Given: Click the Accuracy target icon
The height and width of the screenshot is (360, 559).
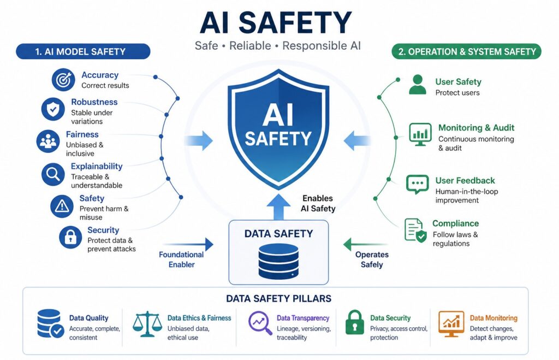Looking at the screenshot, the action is tap(63, 80).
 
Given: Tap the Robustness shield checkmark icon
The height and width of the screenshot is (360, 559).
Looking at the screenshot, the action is tap(53, 109).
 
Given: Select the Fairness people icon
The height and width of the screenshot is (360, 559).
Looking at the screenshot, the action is tap(48, 141).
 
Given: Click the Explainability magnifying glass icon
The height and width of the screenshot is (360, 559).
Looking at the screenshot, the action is tap(53, 174).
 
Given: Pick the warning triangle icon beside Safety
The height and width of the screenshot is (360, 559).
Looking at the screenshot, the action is tap(62, 206).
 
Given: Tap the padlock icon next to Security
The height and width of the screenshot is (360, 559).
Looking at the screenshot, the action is tap(70, 237).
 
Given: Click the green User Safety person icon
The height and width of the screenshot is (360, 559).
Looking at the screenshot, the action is tap(418, 85).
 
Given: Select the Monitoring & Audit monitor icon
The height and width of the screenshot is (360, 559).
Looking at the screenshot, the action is tap(420, 134).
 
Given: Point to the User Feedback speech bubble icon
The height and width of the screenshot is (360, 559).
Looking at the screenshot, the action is tap(418, 184).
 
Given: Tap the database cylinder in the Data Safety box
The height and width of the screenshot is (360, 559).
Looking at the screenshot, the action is tap(278, 261).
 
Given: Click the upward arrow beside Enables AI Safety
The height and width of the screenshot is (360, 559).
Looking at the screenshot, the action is tap(278, 207).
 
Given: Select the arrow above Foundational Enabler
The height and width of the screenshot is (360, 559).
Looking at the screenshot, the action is tap(188, 244).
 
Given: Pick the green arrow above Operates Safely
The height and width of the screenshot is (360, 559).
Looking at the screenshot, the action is tap(365, 245).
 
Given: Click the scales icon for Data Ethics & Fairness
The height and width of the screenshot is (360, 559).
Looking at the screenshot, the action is tap(147, 324).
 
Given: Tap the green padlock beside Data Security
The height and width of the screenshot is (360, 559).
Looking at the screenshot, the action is tap(354, 322).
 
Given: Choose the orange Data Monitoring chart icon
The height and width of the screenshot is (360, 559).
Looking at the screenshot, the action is tap(451, 323).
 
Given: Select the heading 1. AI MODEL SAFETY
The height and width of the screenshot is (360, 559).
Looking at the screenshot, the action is tap(81, 52).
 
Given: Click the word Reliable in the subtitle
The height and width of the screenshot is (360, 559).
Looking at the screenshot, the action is tap(250, 46).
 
